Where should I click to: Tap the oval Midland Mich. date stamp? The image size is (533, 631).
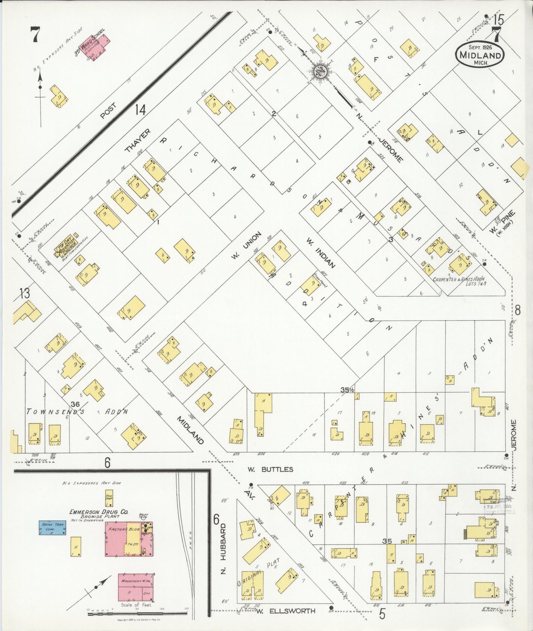pyautogui.click(x=479, y=55)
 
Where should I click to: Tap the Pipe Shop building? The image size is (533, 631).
pyautogui.click(x=109, y=498)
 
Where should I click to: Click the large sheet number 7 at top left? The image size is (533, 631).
pyautogui.click(x=36, y=34)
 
